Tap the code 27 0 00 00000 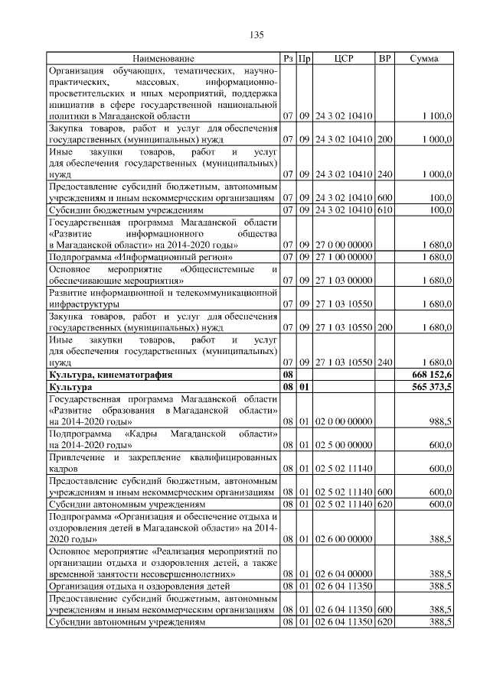click(x=344, y=245)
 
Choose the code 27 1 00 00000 click(x=344, y=256)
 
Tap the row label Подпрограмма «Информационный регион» click(x=135, y=256)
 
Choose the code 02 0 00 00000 click(x=344, y=421)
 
